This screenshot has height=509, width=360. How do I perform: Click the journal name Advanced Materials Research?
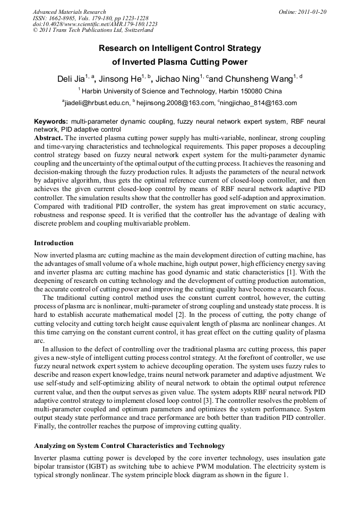point(69,12)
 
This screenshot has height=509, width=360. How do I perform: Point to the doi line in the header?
point(95,24)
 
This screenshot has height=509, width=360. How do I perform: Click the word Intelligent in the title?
point(169,48)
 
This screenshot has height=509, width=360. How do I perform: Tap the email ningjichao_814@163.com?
point(259,103)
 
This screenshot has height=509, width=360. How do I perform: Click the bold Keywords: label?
point(51,122)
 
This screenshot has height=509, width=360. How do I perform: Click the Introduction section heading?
point(54,243)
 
